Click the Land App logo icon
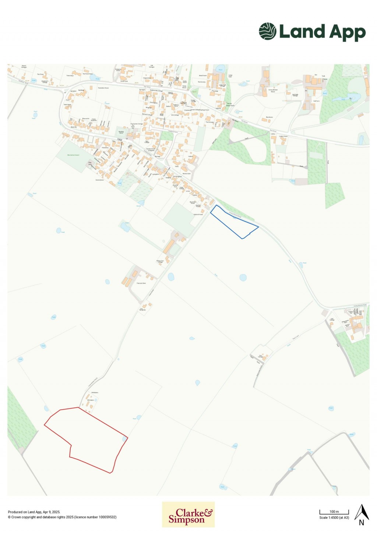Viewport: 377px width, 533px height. (267, 31)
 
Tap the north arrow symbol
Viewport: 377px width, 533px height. (362, 514)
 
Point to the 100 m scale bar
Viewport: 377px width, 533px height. (334, 512)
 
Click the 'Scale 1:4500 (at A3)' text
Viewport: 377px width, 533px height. (334, 518)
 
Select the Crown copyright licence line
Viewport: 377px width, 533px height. (62, 517)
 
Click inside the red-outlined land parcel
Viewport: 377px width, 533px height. (88, 438)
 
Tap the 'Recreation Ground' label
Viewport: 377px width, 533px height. (73, 155)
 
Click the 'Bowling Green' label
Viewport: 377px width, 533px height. (121, 132)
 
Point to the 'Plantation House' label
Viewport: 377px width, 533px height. (103, 88)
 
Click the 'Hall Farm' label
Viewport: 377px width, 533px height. (316, 101)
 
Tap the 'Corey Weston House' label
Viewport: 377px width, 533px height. (273, 91)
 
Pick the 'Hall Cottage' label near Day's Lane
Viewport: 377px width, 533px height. (332, 319)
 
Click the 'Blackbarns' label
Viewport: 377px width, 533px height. (269, 117)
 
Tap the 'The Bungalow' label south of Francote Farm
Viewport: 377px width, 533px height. (143, 309)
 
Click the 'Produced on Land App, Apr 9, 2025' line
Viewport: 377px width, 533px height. (34, 512)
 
